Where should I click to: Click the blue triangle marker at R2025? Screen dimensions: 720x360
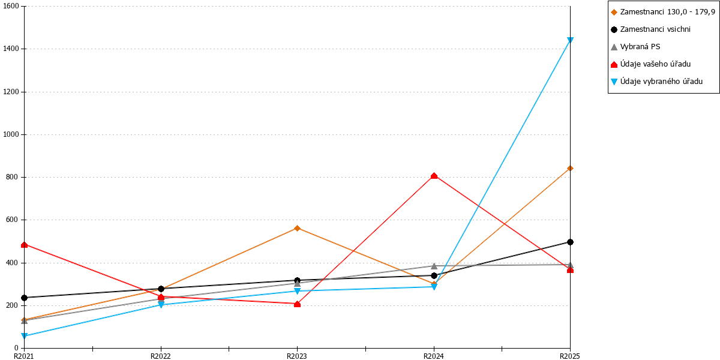pos(570,40)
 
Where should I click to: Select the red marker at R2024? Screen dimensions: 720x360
pos(434,175)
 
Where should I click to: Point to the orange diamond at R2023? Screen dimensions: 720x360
pos(298,228)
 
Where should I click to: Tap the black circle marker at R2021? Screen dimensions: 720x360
pos(24,298)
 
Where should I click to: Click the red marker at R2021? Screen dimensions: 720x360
pos(24,245)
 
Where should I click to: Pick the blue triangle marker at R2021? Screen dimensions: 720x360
pos(24,336)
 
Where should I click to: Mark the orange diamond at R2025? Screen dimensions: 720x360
pos(570,168)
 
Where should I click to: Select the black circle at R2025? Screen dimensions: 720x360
pos(570,242)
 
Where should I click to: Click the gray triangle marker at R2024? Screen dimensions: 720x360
pos(434,266)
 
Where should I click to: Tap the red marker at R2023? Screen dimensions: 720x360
pos(298,304)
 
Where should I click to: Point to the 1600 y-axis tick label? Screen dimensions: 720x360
pos(11,6)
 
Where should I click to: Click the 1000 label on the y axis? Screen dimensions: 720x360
pos(11,134)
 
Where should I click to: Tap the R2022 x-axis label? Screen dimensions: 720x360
pos(161,356)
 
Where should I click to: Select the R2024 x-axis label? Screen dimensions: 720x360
pos(434,356)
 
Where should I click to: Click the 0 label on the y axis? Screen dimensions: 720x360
pos(17,348)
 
